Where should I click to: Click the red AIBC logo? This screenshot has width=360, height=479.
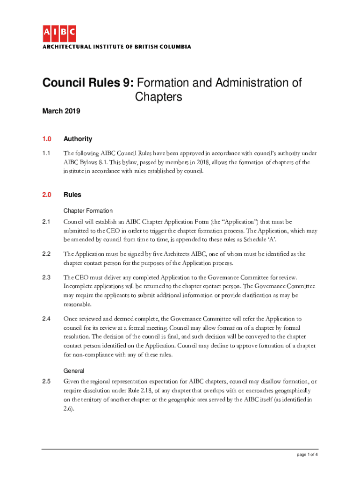(x=59, y=34)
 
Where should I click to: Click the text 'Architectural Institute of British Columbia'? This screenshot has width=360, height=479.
(x=117, y=47)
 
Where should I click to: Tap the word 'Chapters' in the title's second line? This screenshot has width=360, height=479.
(x=158, y=97)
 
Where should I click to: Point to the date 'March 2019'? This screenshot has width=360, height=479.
(x=61, y=111)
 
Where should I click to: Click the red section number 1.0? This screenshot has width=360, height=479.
(x=47, y=139)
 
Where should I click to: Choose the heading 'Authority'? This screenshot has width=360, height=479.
(x=78, y=139)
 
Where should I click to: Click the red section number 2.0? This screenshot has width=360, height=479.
(x=47, y=195)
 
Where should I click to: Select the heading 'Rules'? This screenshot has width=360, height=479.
(x=72, y=195)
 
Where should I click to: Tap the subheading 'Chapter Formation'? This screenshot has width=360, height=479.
(x=88, y=211)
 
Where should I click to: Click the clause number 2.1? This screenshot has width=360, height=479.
(x=46, y=221)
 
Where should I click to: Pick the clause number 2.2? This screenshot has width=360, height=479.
(x=46, y=254)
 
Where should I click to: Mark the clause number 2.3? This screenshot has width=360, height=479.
(x=46, y=277)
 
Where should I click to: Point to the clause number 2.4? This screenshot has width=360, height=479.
(x=46, y=319)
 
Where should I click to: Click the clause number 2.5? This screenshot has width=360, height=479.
(x=46, y=382)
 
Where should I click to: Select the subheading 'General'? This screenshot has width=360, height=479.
(x=74, y=371)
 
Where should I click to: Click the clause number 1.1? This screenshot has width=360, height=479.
(x=46, y=153)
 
